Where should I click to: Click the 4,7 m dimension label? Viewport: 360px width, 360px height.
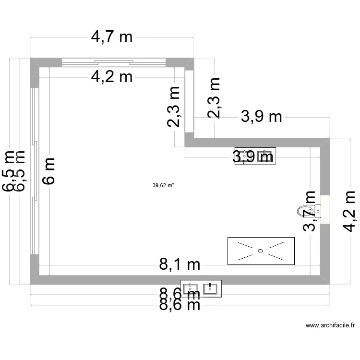point(111,37)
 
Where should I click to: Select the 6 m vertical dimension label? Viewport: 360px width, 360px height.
point(50,170)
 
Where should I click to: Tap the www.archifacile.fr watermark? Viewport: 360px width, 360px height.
point(330,325)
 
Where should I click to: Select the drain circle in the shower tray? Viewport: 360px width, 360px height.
point(260,250)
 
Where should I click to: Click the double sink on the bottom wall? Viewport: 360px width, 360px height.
point(201,288)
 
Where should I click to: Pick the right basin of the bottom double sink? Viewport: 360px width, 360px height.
point(211,288)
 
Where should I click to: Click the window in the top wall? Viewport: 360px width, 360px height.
point(114,61)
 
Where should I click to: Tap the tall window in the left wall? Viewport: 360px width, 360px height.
point(34,170)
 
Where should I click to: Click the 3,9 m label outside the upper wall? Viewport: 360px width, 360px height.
point(261,117)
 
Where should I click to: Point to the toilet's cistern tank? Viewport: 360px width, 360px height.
point(317,210)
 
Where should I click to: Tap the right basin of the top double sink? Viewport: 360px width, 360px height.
point(265,156)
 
